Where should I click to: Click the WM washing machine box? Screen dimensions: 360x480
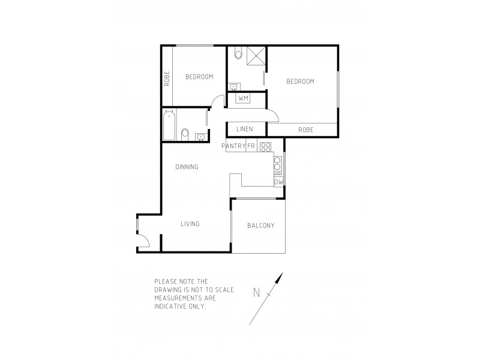coord(243,98)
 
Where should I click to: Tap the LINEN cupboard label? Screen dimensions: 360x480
coord(244,130)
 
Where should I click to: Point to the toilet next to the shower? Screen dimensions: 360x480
coord(238,55)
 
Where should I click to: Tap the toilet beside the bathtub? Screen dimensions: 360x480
coord(185,133)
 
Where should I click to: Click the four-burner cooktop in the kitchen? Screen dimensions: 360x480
coord(265,146)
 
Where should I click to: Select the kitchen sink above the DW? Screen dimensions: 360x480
coord(278,164)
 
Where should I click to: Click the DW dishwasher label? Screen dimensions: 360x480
coord(278,182)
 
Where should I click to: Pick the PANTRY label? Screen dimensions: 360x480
coord(233,146)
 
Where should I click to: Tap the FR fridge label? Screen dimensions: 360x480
coord(251,146)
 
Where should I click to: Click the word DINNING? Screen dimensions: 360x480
coord(187,167)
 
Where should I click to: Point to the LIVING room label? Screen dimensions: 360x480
coord(190,224)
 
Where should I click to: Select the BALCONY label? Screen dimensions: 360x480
coord(260,226)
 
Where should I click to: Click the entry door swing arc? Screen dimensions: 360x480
coord(143,242)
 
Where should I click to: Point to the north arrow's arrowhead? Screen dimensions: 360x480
coord(280,277)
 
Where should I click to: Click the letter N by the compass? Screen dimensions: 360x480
coord(256,293)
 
